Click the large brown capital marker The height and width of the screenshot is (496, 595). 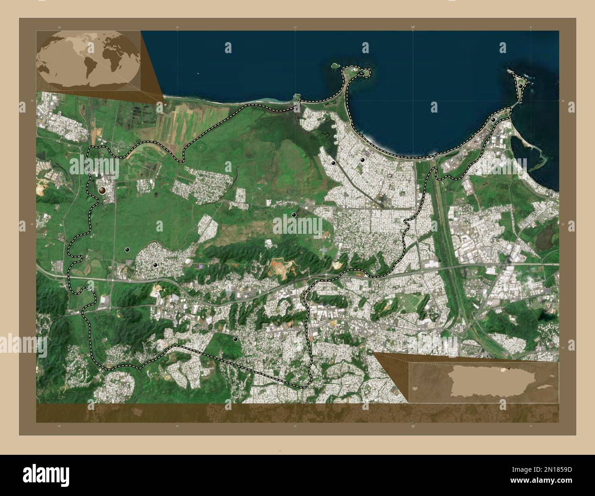pyautogui.click(x=103, y=190)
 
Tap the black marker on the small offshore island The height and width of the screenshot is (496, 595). pyautogui.click(x=520, y=86)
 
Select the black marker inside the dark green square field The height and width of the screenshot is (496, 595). pyautogui.click(x=235, y=339)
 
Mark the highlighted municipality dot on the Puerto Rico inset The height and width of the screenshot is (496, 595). pyautogui.click(x=507, y=369)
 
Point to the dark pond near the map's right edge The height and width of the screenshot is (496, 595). pyautogui.click(x=546, y=238)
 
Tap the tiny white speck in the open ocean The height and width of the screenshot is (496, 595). pyautogui.click(x=198, y=73)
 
